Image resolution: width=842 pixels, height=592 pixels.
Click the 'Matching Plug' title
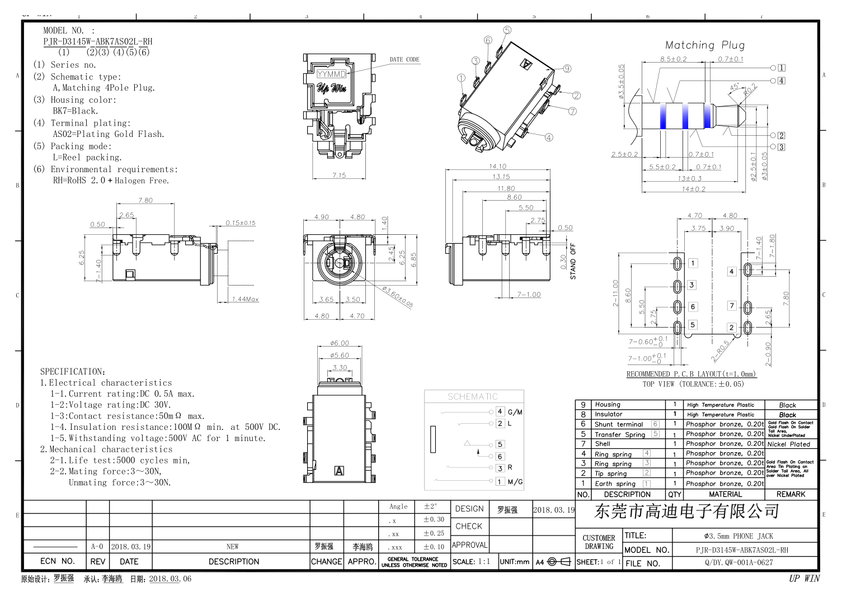704,45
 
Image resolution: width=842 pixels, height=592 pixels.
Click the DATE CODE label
404,59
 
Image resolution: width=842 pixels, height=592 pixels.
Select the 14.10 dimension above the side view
497,166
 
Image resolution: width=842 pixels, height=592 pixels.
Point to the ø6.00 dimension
339,343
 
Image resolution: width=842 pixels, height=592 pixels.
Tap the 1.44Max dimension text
245,299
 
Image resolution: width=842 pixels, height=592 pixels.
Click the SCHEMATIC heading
472,396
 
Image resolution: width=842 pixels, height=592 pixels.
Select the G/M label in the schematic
515,412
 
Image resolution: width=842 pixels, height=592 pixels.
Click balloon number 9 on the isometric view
567,69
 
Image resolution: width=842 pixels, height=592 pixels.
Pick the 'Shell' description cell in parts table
603,444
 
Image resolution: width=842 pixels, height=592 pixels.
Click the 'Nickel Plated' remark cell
788,444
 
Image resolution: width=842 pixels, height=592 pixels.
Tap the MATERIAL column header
725,494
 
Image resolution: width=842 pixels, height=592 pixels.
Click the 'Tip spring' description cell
610,473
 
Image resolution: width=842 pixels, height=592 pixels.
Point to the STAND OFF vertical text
572,261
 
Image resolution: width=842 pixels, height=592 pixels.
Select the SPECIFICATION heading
72,371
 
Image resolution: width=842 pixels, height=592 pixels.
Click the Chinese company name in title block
686,511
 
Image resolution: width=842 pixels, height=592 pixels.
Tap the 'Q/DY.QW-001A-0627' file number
738,563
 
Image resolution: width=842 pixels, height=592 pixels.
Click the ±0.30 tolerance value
434,519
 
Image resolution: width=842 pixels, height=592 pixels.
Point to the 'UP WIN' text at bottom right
804,579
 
